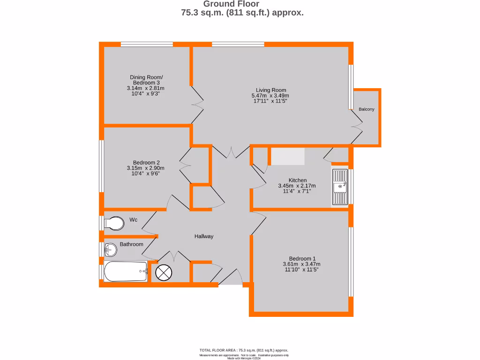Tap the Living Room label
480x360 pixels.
point(270,90)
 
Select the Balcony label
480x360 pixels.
point(367,109)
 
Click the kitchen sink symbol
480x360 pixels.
point(340,187)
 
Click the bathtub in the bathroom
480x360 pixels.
point(125,271)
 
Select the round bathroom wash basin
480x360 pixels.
point(111,250)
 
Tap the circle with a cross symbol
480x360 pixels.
point(164,272)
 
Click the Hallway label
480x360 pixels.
point(204,236)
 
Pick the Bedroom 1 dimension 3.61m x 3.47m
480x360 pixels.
point(302,264)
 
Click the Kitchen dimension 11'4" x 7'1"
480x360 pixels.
point(298,191)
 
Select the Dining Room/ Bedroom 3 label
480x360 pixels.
point(146,80)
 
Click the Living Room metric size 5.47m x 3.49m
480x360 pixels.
point(270,96)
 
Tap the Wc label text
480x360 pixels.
point(133,219)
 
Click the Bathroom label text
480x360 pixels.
point(131,244)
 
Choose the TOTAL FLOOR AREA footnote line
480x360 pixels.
point(244,350)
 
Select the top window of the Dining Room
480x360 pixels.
point(147,45)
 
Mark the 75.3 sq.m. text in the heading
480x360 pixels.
point(202,13)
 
